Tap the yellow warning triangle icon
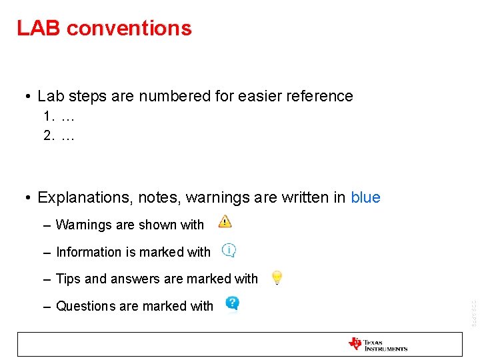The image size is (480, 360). point(225,221)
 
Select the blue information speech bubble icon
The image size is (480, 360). point(229,250)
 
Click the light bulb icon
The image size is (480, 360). point(277,278)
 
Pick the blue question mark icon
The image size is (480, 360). point(232,303)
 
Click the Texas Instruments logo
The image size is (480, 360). point(377,344)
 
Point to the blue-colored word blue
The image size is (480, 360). point(365,197)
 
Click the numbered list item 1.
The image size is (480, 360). point(59,117)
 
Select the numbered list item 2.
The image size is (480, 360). point(59,136)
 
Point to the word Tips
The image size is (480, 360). point(68,279)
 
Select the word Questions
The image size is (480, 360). point(85,306)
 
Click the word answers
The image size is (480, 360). point(136,279)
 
